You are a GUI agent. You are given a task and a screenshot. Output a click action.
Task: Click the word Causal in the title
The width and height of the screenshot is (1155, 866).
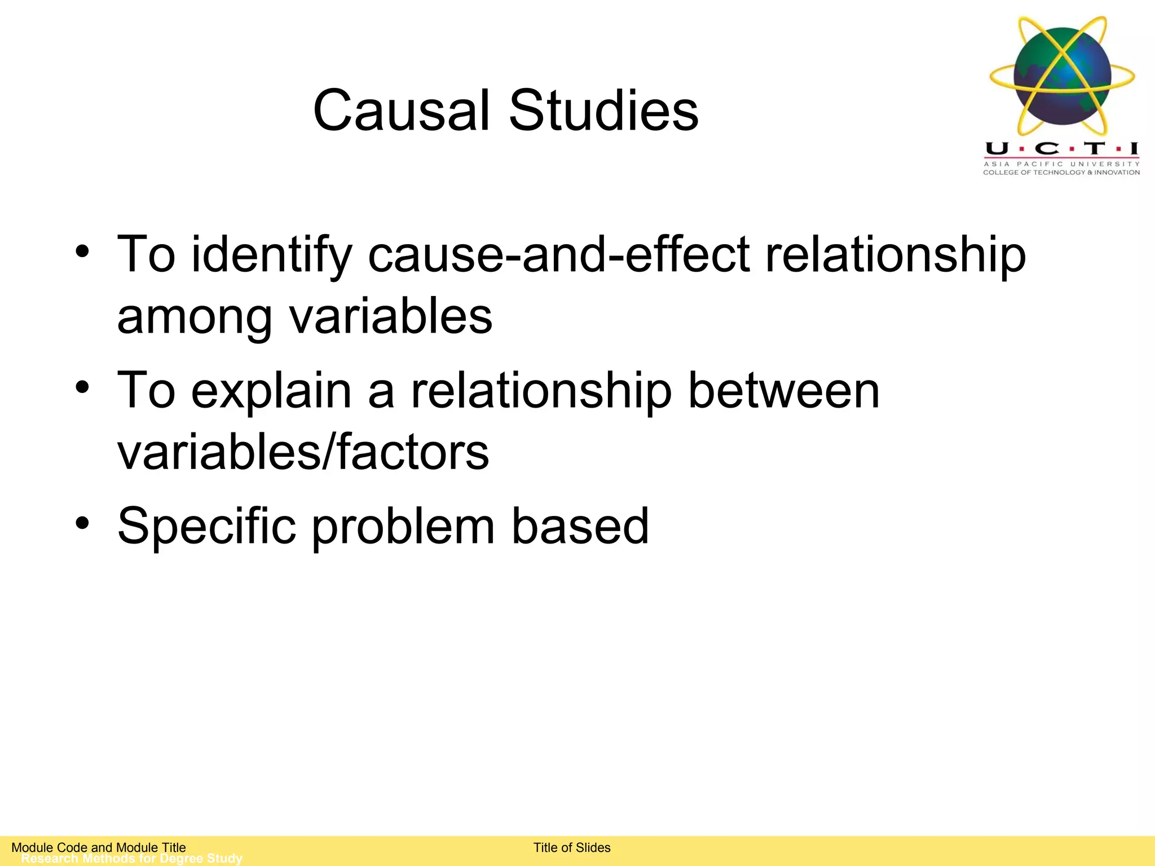tap(400, 111)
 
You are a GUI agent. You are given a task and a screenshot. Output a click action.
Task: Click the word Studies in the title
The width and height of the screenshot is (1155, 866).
tap(603, 111)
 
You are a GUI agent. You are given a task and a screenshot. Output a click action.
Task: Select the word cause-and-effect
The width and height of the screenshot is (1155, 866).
tap(559, 255)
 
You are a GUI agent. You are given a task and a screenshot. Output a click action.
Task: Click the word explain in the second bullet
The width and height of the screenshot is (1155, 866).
tap(271, 392)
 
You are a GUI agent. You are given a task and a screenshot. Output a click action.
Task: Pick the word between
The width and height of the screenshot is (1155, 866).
tap(783, 391)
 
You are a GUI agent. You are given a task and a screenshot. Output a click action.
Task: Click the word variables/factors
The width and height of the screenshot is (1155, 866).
tap(303, 452)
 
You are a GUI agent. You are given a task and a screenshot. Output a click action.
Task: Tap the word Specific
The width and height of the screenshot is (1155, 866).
tap(206, 527)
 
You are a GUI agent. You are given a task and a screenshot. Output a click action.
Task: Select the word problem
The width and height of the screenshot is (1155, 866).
tap(403, 527)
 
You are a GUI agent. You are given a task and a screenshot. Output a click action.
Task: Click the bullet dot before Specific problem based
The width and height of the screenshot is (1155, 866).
tap(82, 523)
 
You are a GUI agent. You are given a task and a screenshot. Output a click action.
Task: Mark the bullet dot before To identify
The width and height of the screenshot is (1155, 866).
tap(82, 251)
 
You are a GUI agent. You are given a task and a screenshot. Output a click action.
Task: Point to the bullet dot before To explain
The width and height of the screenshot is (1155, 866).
tap(82, 387)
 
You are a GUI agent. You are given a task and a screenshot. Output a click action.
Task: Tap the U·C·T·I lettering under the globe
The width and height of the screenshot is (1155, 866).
tap(1061, 149)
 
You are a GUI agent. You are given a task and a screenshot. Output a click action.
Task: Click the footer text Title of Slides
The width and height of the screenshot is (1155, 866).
tap(572, 847)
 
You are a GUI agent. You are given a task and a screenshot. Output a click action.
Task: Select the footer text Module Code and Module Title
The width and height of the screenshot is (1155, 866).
tap(99, 847)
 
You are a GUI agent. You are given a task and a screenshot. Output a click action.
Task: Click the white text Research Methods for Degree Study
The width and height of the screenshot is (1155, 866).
tap(131, 859)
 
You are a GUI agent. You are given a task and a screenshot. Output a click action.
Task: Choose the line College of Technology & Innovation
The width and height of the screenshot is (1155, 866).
tap(1061, 173)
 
